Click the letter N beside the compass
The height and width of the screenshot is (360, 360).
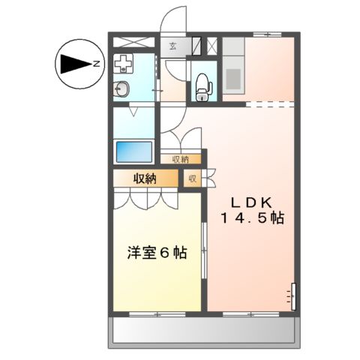(97, 64)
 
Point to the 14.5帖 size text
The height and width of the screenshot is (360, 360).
(251, 218)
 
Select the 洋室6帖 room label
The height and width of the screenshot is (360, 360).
(156, 252)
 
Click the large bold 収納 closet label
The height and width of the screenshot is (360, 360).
(145, 178)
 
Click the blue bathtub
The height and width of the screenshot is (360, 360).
(134, 151)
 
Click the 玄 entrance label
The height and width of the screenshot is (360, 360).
(172, 47)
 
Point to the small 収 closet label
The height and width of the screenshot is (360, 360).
(192, 178)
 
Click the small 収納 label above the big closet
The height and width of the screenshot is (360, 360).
(180, 159)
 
